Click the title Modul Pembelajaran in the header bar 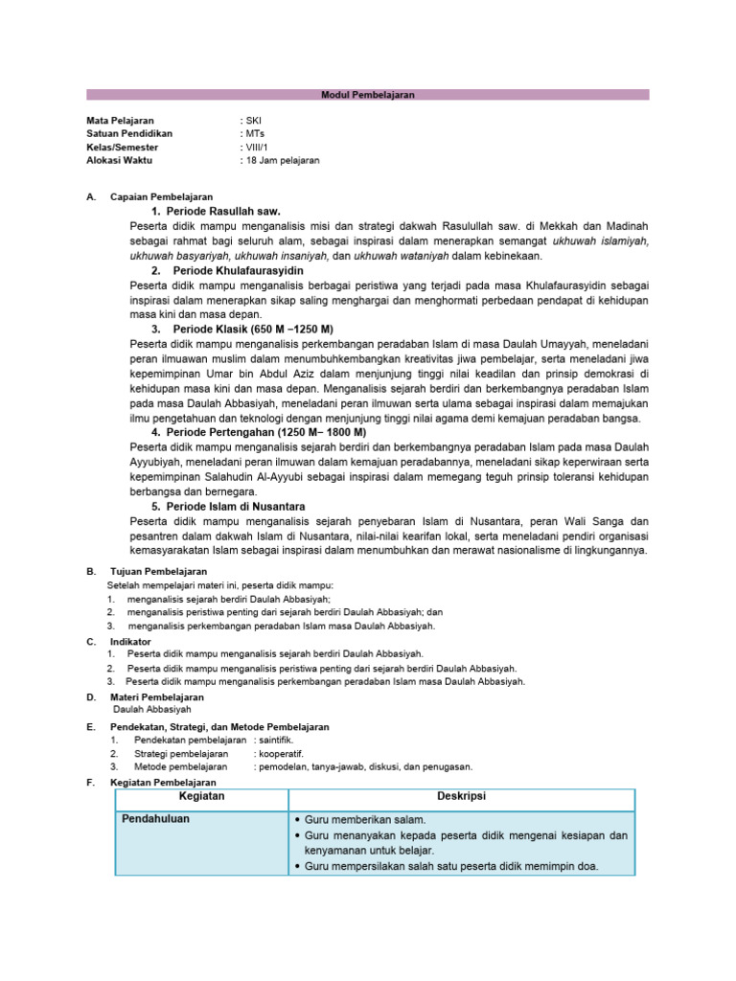point(367,95)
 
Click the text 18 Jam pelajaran point(282,161)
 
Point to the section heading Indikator point(130,641)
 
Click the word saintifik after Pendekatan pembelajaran point(277,741)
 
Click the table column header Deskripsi point(461,797)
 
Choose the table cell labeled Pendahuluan point(156,820)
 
